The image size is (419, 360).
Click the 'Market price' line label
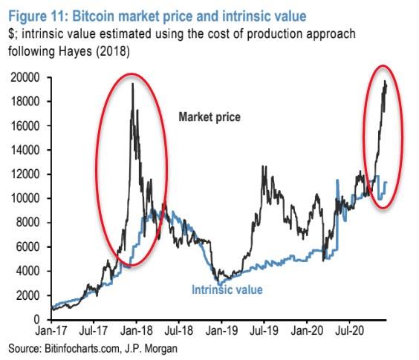(x=209, y=117)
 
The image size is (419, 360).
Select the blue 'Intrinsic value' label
(x=227, y=289)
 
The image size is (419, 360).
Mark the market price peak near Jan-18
(x=132, y=84)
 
